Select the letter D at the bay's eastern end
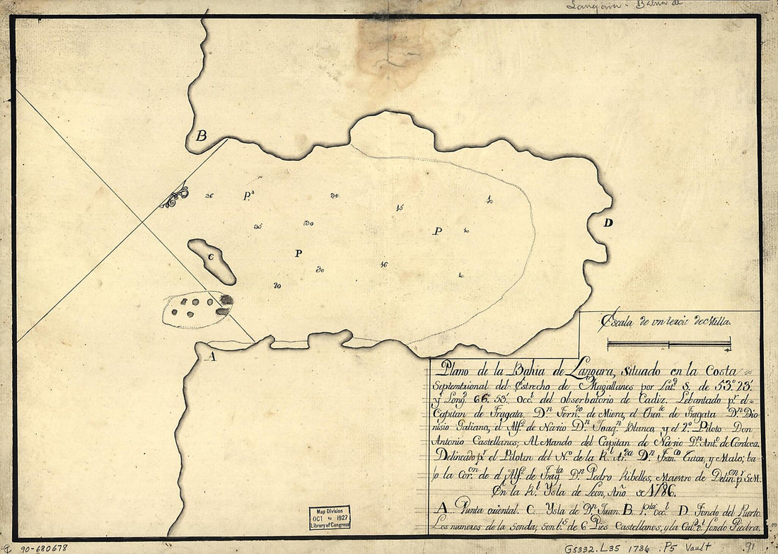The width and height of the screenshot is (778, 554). [x=608, y=223]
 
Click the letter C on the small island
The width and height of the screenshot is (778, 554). [x=211, y=257]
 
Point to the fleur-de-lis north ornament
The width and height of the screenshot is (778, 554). [x=175, y=197]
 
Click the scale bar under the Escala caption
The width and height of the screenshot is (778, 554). [x=669, y=345]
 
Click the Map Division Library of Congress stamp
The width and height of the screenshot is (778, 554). [x=329, y=518]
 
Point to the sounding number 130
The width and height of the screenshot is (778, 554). [x=308, y=224]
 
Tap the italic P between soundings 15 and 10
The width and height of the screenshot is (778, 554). [x=438, y=231]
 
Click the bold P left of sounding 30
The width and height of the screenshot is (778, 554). [x=298, y=253]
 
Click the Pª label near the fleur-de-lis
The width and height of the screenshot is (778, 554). [x=249, y=195]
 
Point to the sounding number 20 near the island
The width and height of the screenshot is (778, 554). [x=277, y=286]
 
